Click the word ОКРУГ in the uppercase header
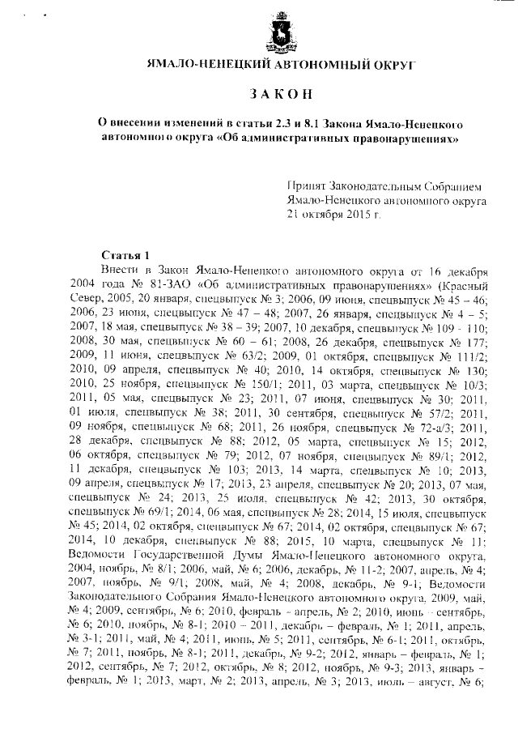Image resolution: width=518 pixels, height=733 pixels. coord(388,63)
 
